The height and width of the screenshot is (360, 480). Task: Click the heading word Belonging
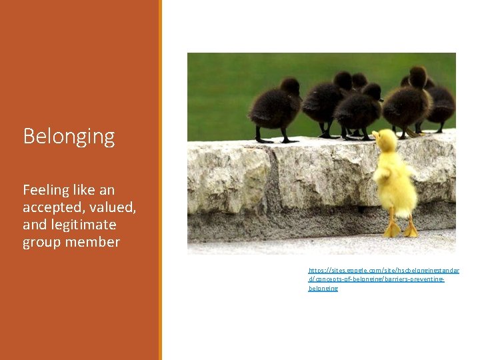69,137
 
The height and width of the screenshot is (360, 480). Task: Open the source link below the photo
383,279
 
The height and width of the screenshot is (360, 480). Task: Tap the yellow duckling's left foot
392,230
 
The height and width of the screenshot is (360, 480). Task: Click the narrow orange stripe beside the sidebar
160,180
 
